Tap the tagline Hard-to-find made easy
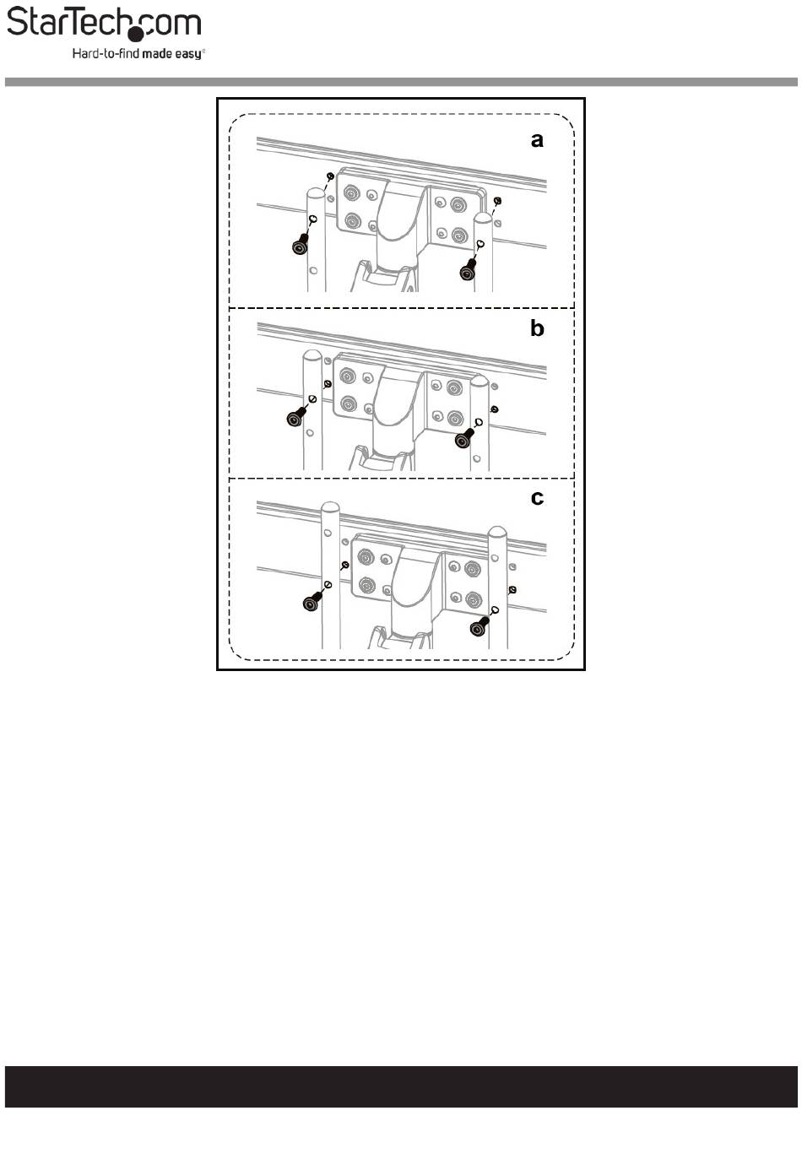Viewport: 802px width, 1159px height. tap(138, 53)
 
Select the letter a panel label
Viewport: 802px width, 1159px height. tap(537, 140)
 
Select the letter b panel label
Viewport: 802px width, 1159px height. tap(537, 328)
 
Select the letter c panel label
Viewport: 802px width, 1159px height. tap(537, 498)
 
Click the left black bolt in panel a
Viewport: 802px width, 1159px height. tap(299, 246)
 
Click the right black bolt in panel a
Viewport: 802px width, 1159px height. tap(465, 270)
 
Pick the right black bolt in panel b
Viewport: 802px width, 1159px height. tap(463, 439)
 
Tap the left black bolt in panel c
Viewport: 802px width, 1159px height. tap(311, 602)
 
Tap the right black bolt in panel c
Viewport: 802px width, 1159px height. tap(479, 626)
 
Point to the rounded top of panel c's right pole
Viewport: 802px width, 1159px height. tap(497, 533)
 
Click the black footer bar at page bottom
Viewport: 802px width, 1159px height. tap(401, 1086)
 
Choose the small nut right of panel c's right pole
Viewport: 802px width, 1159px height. tap(513, 589)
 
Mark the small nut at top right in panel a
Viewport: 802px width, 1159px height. tap(497, 201)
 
